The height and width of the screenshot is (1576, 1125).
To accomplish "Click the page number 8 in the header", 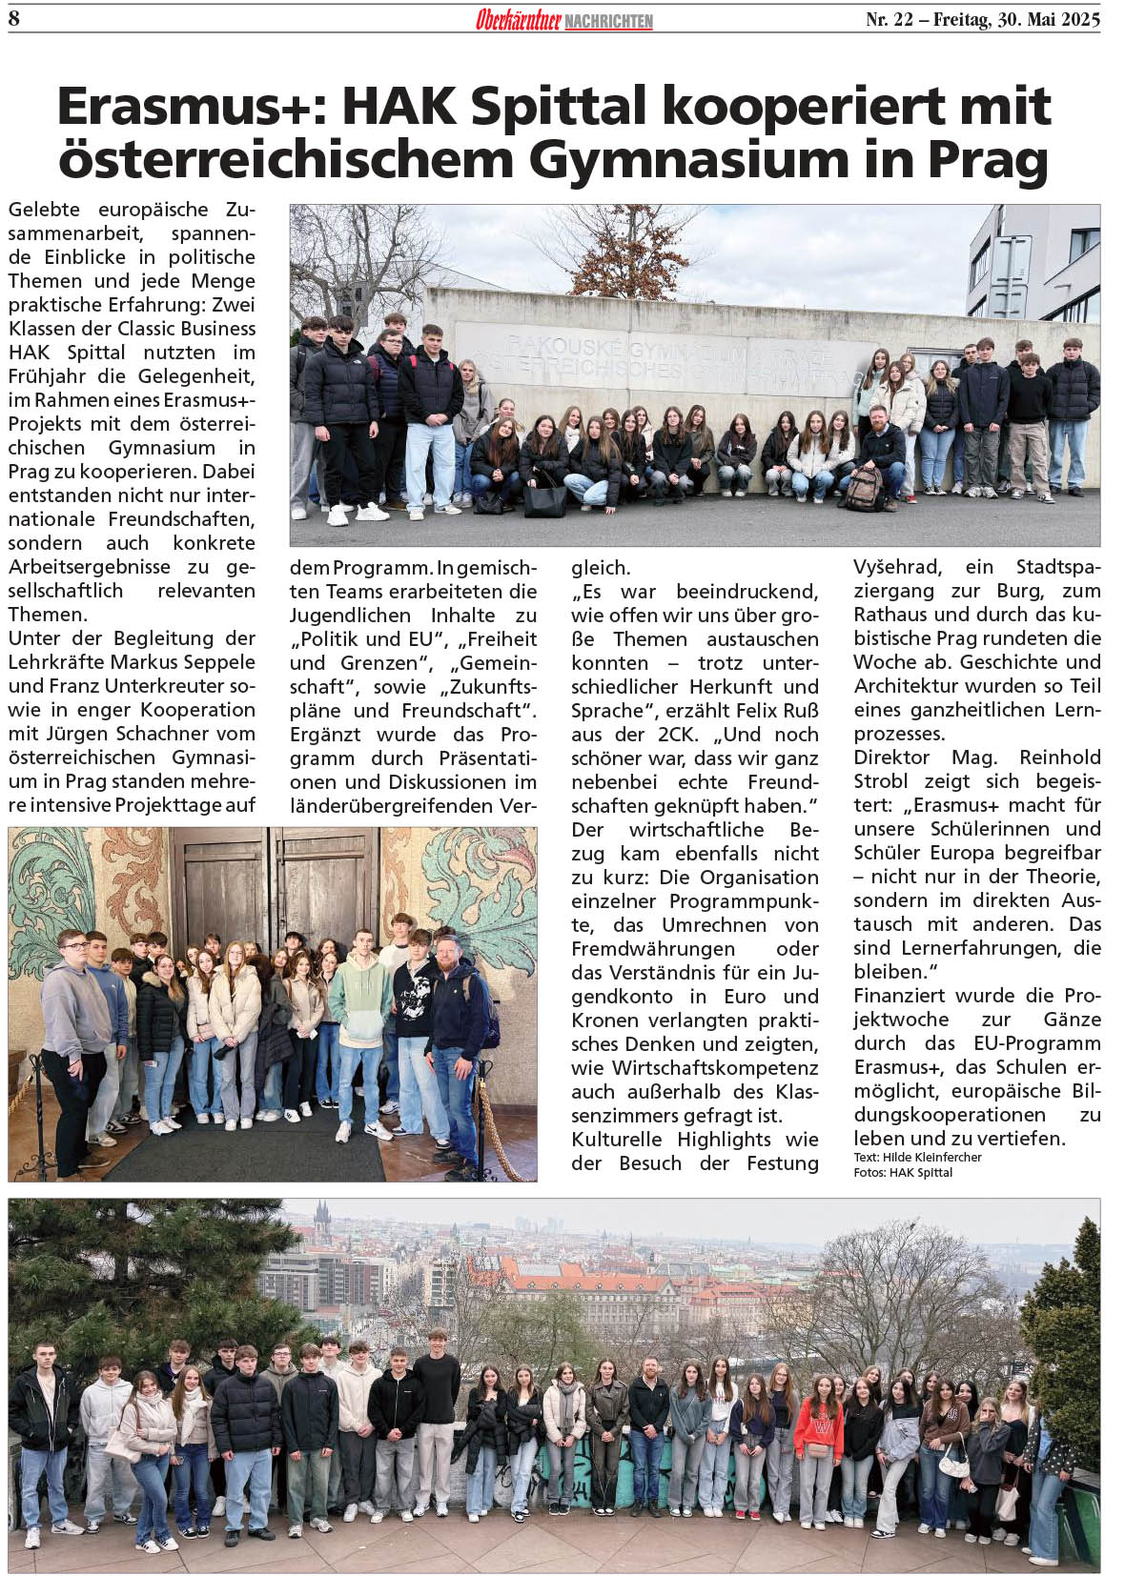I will click(14, 18).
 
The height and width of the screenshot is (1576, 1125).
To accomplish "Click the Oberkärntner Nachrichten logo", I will click(563, 20).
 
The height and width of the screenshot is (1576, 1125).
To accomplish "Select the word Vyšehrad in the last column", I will click(897, 568).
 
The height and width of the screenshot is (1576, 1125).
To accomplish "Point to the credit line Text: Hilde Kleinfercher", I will click(917, 1158).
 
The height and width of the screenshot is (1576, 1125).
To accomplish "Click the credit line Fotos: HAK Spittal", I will click(902, 1172).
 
